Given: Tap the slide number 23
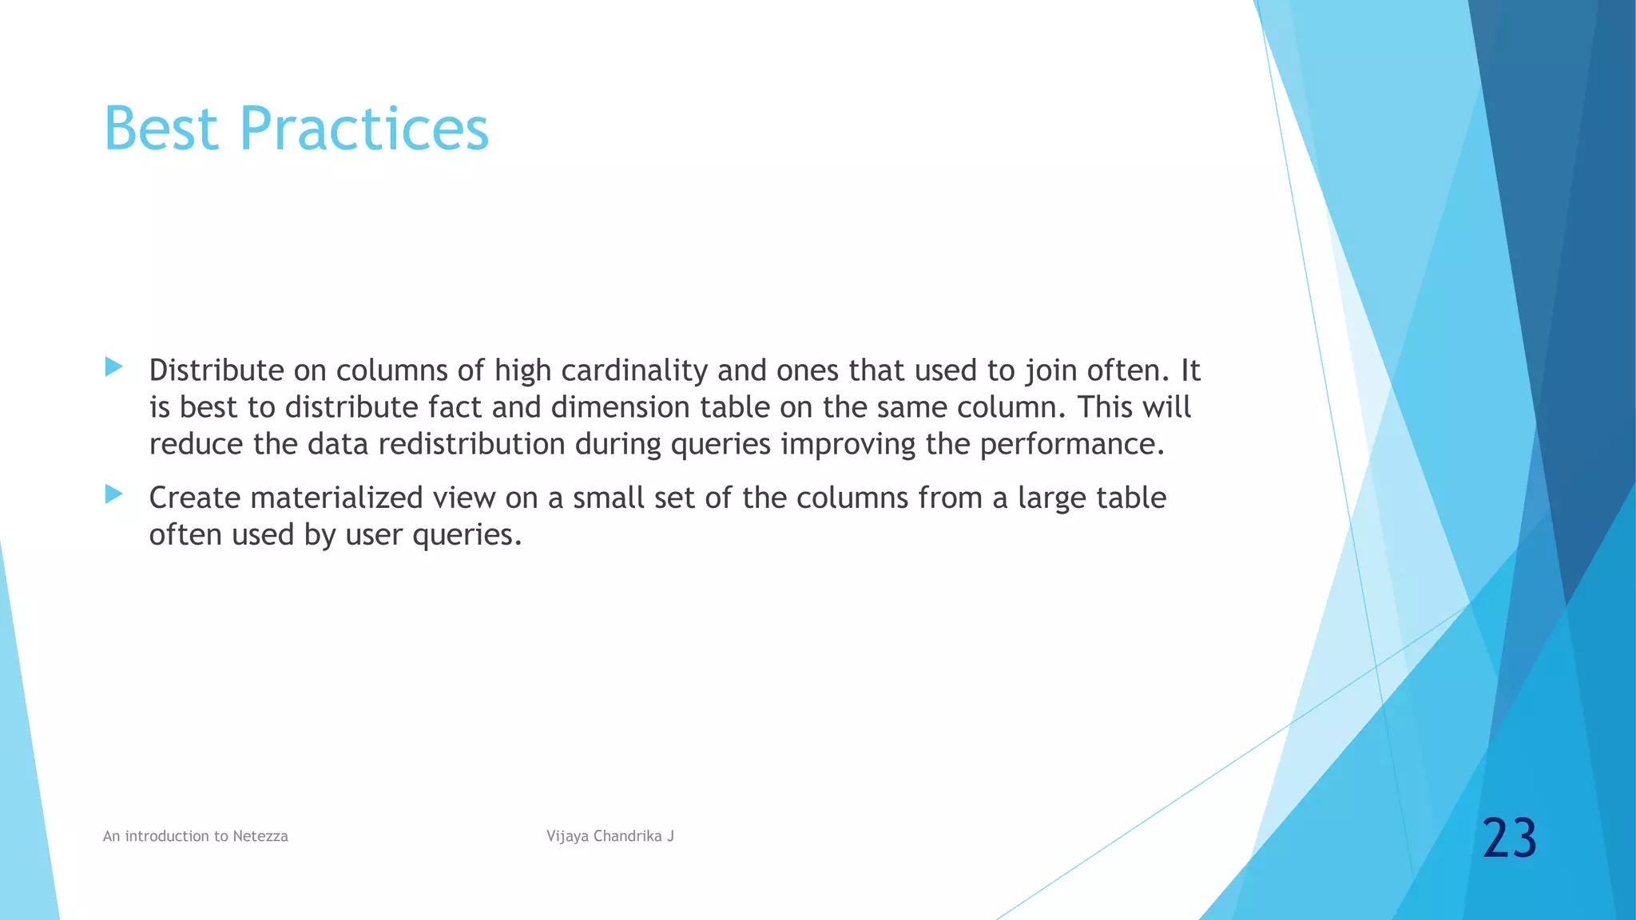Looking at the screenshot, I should coord(1509,839).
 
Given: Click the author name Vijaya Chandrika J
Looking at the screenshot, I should coord(610,836).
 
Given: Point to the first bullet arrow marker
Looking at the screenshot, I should coord(113,367).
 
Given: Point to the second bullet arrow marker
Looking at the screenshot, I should coord(113,494).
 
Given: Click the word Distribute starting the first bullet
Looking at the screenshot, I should coord(216,371).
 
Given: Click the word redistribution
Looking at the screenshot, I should coord(471,444).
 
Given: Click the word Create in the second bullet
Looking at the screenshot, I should coord(195,498).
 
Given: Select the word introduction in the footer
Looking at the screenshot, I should coord(168,836).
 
